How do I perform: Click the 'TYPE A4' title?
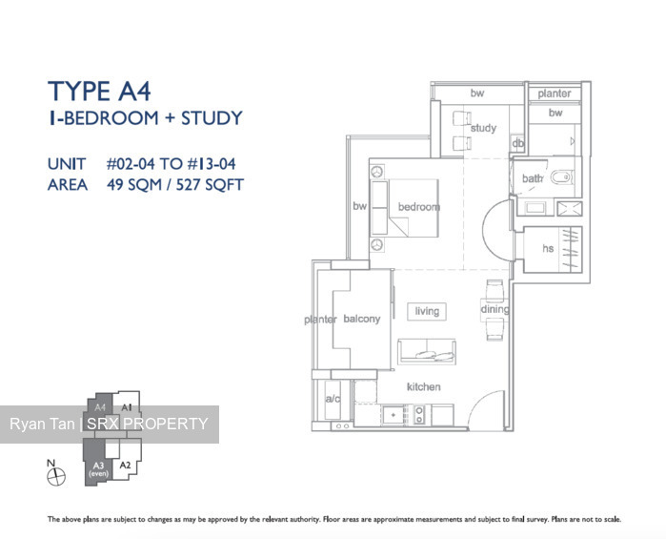click(x=100, y=92)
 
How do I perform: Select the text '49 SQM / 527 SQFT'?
click(x=167, y=184)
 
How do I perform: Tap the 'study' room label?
click(x=483, y=128)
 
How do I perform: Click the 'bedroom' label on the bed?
click(x=419, y=207)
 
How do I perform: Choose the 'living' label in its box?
click(x=427, y=311)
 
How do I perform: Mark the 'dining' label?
click(x=494, y=309)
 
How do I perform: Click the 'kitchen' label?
click(x=424, y=386)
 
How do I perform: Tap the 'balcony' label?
click(x=361, y=319)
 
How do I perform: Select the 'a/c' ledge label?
click(x=333, y=399)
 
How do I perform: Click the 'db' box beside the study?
click(x=518, y=144)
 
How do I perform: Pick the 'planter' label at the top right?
click(x=555, y=93)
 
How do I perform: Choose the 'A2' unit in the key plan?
click(x=125, y=466)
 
